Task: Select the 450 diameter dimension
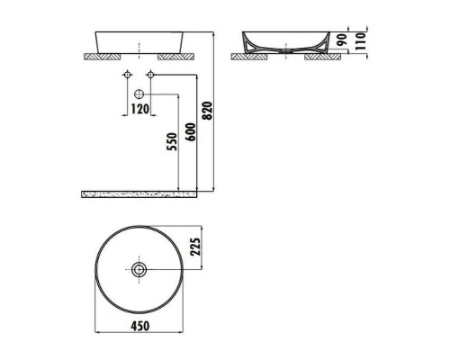(139, 326)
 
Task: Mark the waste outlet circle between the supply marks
(139, 94)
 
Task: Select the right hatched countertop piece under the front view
(176, 56)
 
